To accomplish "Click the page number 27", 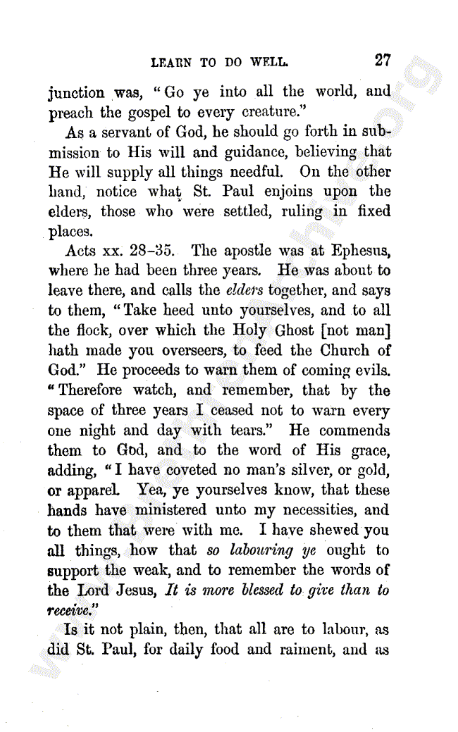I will [x=383, y=61].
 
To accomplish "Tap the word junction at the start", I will [x=76, y=93].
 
